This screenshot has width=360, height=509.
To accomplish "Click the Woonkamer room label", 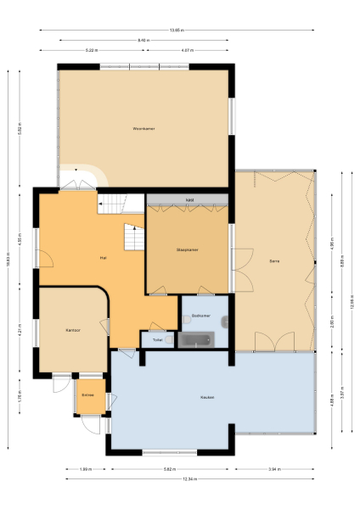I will pyautogui.click(x=143, y=129).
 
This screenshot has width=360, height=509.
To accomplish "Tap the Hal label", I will pyautogui.click(x=103, y=256).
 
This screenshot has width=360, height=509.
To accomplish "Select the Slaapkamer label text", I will pyautogui.click(x=187, y=249).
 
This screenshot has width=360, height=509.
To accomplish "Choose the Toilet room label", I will pyautogui.click(x=157, y=339).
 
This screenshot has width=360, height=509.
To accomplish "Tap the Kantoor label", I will pyautogui.click(x=72, y=330).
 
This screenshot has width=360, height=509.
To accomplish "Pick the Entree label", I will pyautogui.click(x=87, y=395).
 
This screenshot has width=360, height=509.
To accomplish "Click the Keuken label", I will pyautogui.click(x=207, y=397).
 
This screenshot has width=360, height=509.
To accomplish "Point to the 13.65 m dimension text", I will pyautogui.click(x=176, y=30).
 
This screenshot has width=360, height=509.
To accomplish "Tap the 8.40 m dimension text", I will pyautogui.click(x=143, y=40).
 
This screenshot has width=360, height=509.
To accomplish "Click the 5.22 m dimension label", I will pyautogui.click(x=93, y=50).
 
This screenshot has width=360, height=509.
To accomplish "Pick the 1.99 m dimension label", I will pyautogui.click(x=85, y=468).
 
